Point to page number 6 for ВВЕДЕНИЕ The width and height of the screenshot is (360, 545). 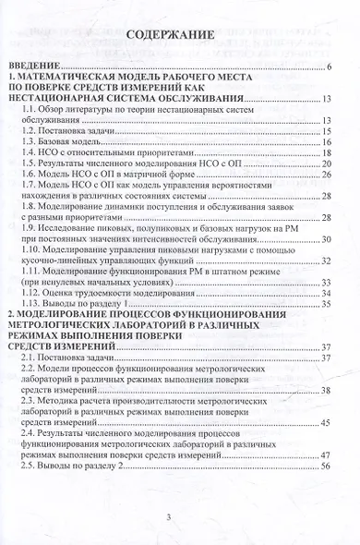(x=329, y=67)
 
